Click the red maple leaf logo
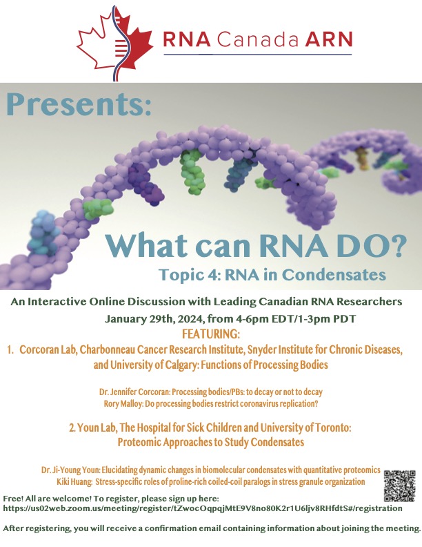click(115, 44)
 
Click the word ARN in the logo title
click(329, 39)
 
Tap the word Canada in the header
click(258, 39)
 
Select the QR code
click(400, 486)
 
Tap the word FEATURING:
click(211, 334)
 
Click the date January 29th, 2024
click(155, 319)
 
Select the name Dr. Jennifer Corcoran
click(134, 392)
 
